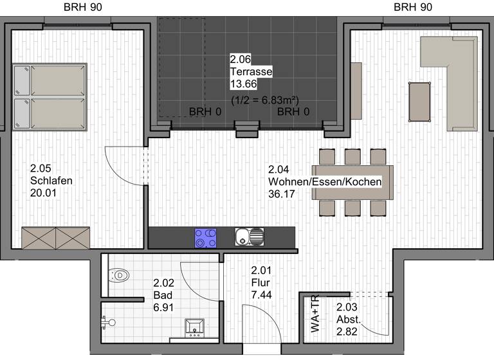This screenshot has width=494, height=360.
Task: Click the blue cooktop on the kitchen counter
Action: [206, 237]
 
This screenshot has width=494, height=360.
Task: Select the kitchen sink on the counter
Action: [249, 237]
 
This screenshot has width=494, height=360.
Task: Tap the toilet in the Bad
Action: [119, 276]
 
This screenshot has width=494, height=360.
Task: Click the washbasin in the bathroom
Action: [194, 328]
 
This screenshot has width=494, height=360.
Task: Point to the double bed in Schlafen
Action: [50, 96]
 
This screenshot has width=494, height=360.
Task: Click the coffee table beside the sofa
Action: [420, 101]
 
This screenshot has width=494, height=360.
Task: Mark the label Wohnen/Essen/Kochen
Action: [325, 182]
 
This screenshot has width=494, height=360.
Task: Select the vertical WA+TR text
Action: [315, 314]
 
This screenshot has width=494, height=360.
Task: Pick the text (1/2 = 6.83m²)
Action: [264, 101]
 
